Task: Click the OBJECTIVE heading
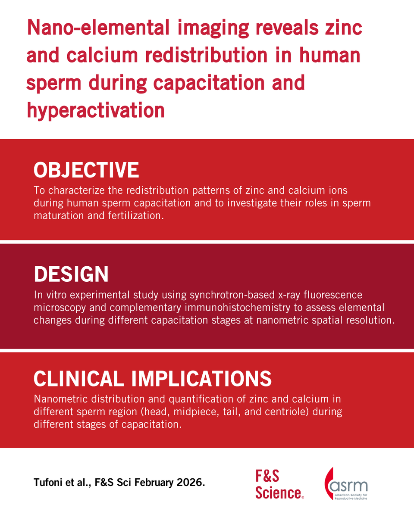tap(86, 170)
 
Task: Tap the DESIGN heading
tap(71, 274)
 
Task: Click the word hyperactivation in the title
tap(96, 110)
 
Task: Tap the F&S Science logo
tap(279, 484)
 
